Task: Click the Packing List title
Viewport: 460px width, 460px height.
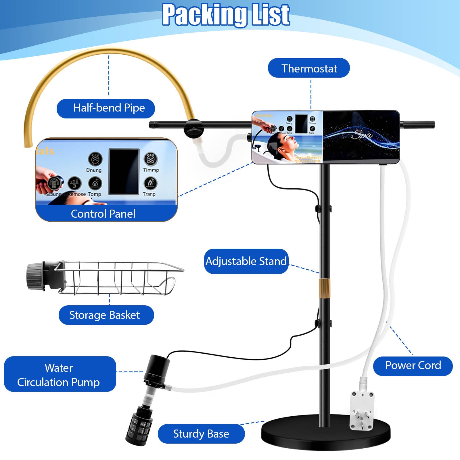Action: (x=226, y=15)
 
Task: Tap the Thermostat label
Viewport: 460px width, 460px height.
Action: (x=309, y=68)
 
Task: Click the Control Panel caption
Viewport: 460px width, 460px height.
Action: (x=103, y=214)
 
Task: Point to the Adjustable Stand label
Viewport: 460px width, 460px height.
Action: (x=246, y=261)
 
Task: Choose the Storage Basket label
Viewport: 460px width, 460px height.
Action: (x=106, y=315)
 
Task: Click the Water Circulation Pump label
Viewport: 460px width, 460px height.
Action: (x=59, y=375)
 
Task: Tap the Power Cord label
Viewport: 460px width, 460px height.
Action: (x=413, y=365)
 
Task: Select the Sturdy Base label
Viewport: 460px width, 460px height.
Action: (x=201, y=434)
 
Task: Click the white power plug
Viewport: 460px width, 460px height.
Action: (x=362, y=410)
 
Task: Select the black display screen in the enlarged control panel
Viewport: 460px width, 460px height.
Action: (x=124, y=172)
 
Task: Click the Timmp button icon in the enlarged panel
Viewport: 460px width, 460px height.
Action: (x=151, y=159)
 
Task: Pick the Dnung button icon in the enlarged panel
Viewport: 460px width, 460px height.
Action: (x=95, y=159)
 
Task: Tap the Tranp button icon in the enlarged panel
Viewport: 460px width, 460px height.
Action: (x=150, y=183)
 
